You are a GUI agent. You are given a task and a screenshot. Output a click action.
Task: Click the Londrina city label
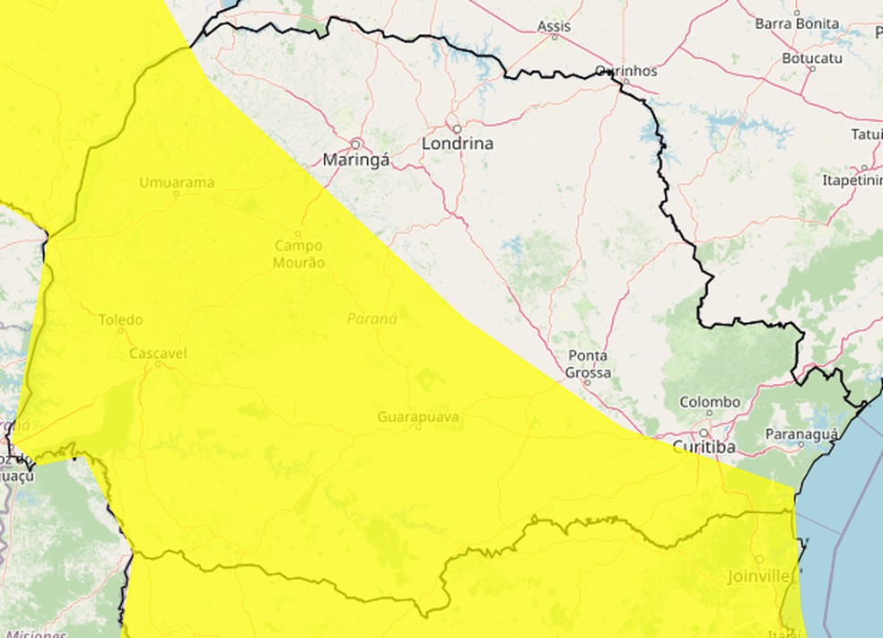click(x=458, y=144)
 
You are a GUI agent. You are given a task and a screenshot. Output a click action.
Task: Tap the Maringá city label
click(x=356, y=161)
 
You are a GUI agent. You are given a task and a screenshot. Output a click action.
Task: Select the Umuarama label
click(x=177, y=183)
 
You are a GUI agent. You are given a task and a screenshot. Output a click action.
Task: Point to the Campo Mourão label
click(x=300, y=254)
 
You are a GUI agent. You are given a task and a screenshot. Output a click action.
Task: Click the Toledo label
click(x=120, y=320)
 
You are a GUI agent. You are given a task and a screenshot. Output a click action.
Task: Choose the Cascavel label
click(x=158, y=354)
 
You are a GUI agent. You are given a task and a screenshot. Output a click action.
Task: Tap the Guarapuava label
click(x=418, y=417)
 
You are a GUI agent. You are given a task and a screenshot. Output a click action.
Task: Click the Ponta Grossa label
click(x=589, y=364)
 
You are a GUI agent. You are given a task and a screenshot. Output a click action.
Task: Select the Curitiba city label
click(x=704, y=447)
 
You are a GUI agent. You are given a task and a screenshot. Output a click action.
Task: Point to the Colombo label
click(x=710, y=403)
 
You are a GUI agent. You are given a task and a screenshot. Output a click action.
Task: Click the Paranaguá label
click(x=801, y=434)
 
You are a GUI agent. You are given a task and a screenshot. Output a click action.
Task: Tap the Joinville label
click(x=759, y=575)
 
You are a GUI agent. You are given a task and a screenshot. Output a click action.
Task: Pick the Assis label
click(x=554, y=26)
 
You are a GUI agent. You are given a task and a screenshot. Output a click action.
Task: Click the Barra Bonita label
click(x=796, y=23)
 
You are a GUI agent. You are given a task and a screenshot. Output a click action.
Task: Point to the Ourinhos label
click(x=627, y=70)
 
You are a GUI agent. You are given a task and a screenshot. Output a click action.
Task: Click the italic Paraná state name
click(x=372, y=318)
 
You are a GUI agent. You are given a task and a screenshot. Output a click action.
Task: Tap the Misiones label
click(x=36, y=634)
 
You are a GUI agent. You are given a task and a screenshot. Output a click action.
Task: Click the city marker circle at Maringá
click(x=355, y=144)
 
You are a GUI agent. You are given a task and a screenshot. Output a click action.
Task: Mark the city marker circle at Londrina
click(x=456, y=128)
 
